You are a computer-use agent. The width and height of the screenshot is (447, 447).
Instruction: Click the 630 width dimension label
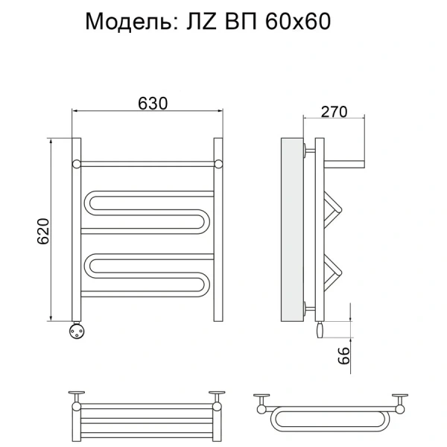coord(153,104)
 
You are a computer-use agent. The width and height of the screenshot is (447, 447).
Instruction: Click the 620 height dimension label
coord(43,231)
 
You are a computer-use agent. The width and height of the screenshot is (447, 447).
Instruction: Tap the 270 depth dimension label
coord(334,112)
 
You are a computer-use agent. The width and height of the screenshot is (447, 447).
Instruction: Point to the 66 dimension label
coord(343,355)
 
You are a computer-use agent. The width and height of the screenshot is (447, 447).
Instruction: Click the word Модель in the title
coord(129,22)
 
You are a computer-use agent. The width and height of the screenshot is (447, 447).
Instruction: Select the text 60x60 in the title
coord(298,22)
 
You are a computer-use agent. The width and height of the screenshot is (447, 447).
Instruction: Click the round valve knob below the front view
coord(77,331)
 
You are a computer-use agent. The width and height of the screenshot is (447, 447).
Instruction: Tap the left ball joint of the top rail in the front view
coord(77,164)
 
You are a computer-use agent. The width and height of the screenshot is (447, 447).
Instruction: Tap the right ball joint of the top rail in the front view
coord(218,164)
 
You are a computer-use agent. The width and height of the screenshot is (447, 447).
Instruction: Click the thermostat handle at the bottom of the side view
coord(320,330)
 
